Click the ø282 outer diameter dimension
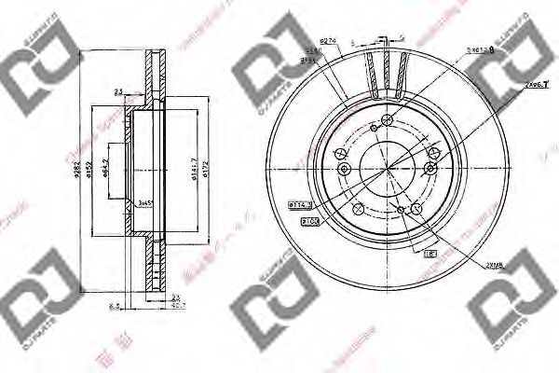83,173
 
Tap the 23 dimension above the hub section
118,90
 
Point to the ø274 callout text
327,40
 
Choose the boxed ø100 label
309,221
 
